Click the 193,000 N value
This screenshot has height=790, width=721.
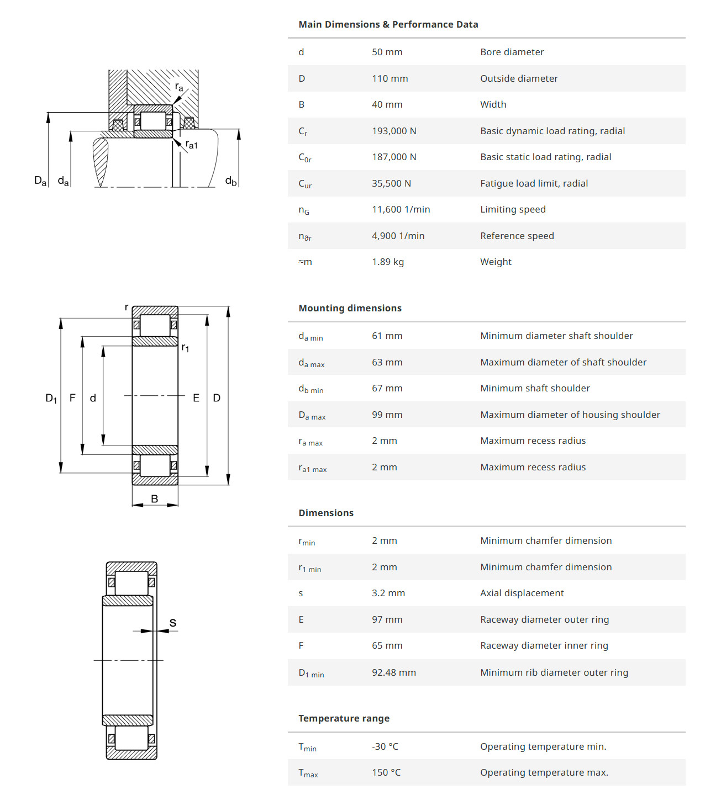click(x=394, y=131)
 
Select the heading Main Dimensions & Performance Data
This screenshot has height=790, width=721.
click(x=388, y=24)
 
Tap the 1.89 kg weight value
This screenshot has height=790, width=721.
click(x=387, y=262)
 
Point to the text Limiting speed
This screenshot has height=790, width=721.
click(x=513, y=209)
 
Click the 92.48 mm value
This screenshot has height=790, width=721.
click(x=393, y=672)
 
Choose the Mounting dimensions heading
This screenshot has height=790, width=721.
click(x=350, y=308)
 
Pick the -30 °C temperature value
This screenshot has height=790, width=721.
click(x=385, y=746)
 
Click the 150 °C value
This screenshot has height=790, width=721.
click(x=386, y=772)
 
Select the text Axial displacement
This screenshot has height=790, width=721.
click(x=522, y=593)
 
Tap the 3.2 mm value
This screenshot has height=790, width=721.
click(x=388, y=593)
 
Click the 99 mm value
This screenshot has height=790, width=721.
click(x=387, y=415)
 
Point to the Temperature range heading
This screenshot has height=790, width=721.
click(x=344, y=718)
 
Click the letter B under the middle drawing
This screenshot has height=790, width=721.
click(x=155, y=499)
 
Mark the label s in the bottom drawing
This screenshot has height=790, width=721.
click(x=173, y=623)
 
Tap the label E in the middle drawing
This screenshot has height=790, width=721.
click(x=196, y=398)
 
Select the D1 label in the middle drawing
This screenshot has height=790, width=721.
click(x=51, y=398)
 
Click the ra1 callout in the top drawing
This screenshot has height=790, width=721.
click(x=191, y=145)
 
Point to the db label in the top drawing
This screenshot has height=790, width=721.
click(x=230, y=181)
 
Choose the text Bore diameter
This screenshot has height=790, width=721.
click(x=512, y=52)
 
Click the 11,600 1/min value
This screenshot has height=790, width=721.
click(x=401, y=209)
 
